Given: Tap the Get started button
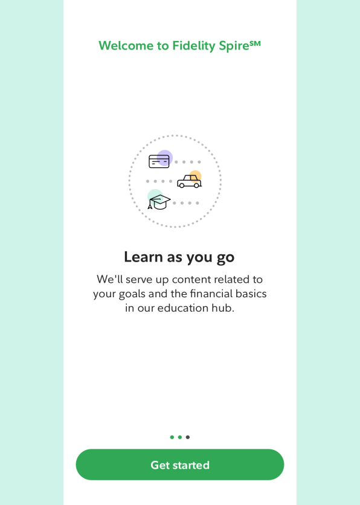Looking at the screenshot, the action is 180,465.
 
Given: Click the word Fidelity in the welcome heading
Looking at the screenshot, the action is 194,46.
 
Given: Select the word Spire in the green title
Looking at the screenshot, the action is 234,46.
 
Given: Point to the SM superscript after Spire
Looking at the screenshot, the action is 255,43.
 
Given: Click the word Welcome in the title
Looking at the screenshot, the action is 126,46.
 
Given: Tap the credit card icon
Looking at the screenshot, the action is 159,161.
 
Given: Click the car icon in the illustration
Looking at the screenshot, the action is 189,181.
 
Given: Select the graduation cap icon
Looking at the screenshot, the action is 159,202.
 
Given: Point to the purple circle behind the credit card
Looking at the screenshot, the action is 165,158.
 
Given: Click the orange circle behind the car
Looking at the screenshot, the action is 195,176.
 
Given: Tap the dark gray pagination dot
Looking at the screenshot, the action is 188,437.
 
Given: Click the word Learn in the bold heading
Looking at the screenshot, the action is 143,257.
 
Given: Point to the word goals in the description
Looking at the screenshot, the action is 132,294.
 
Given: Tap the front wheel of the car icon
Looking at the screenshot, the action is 196,185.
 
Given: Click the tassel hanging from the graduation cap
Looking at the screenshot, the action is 150,205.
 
